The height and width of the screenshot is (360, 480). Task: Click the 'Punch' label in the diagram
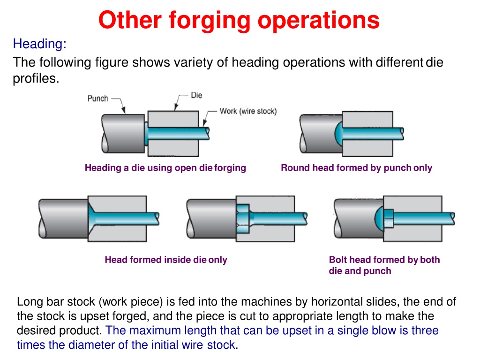[97, 98]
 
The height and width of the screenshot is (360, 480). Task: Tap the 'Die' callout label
[196, 95]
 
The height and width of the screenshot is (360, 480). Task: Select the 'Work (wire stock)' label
[248, 111]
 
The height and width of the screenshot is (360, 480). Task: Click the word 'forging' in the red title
[210, 21]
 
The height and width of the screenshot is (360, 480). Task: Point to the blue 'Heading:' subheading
[39, 44]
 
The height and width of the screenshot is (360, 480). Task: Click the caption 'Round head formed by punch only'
[356, 168]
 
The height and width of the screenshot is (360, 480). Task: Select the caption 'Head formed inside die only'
[166, 260]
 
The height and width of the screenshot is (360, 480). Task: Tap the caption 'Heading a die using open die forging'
[165, 168]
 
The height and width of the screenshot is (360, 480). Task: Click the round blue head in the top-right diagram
[338, 134]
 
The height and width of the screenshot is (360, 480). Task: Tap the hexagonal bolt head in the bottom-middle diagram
[243, 219]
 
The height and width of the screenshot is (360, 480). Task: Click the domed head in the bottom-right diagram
[379, 218]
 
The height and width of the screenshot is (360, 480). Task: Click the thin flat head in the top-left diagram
[146, 134]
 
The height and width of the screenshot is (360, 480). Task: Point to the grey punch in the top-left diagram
[123, 134]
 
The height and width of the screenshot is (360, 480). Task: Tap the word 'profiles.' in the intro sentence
[36, 79]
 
